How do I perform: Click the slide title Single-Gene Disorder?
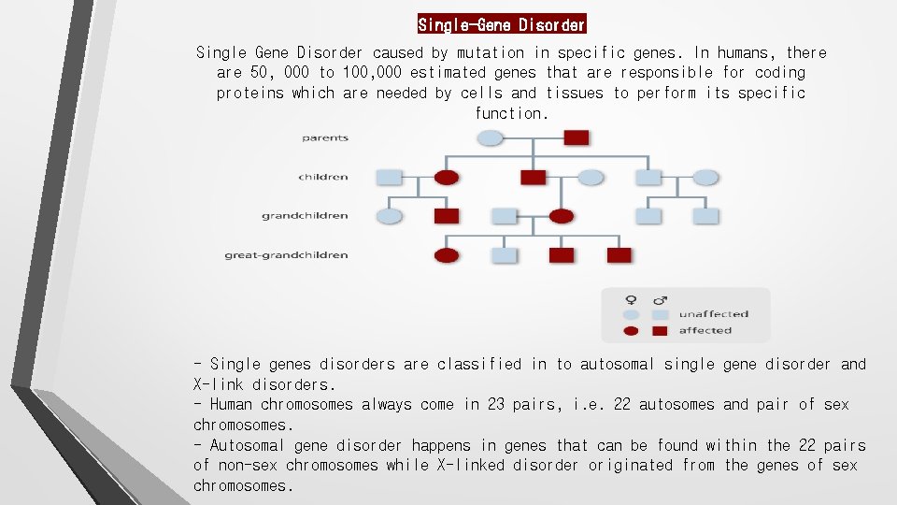(x=502, y=24)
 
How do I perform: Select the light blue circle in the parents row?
(x=491, y=137)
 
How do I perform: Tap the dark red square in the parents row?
(x=577, y=137)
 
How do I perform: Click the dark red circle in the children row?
(x=448, y=177)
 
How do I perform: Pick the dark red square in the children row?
(x=533, y=177)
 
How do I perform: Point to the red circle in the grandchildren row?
(x=561, y=216)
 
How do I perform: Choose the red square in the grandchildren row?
(x=447, y=216)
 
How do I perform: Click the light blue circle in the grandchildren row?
(x=390, y=216)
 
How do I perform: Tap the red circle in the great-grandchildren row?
(x=448, y=255)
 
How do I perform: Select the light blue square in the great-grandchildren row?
(x=505, y=255)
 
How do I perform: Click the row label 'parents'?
(x=325, y=137)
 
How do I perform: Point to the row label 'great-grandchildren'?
(x=286, y=255)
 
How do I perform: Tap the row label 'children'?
(x=323, y=177)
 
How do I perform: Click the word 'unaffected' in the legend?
(x=714, y=314)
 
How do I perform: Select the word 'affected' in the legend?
(x=705, y=330)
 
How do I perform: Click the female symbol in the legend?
(x=632, y=299)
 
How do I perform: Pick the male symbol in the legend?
(x=661, y=299)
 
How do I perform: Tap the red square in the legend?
(x=660, y=330)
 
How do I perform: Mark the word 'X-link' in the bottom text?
(x=219, y=384)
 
